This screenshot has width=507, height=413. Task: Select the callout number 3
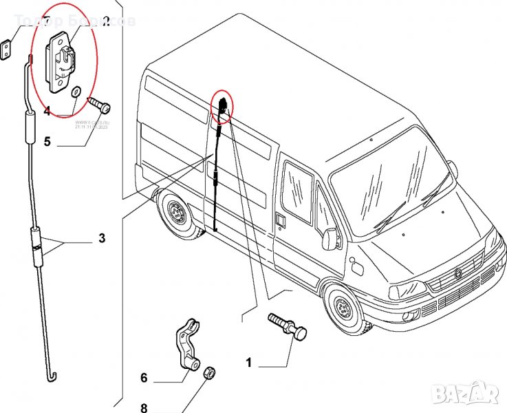point(101,240)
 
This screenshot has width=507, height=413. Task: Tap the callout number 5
point(47,142)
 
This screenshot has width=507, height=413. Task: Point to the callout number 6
point(144,378)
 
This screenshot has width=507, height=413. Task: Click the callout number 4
point(47,110)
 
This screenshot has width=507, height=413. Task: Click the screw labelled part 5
point(100,105)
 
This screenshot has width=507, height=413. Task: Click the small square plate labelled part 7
point(6,48)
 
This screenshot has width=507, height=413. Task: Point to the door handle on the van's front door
point(281,220)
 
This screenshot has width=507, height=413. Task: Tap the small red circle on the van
point(223,105)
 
